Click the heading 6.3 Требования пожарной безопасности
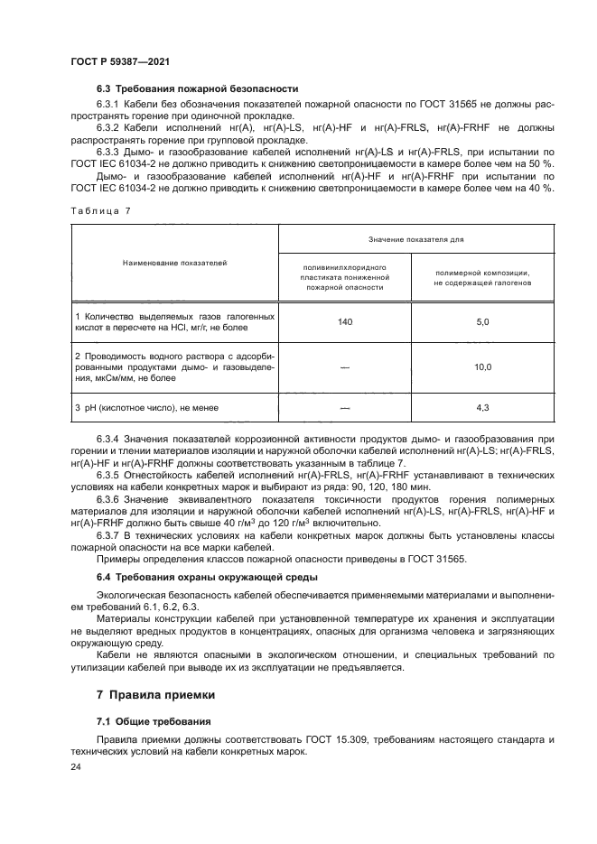click(198, 88)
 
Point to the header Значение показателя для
click(415, 237)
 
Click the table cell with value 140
click(344, 321)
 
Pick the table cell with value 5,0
click(482, 321)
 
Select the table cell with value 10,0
click(482, 366)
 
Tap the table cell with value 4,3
click(482, 408)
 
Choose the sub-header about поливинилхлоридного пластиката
click(344, 278)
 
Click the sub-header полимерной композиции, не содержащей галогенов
click(482, 277)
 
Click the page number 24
click(76, 766)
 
